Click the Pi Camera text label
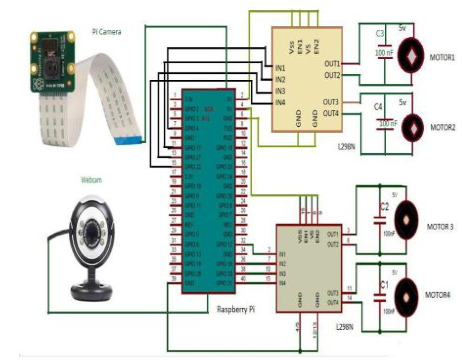click(107, 32)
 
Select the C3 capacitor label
click(380, 33)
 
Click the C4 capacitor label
click(377, 106)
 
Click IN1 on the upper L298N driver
click(280, 67)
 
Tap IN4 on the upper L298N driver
click(280, 102)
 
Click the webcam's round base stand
click(93, 291)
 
